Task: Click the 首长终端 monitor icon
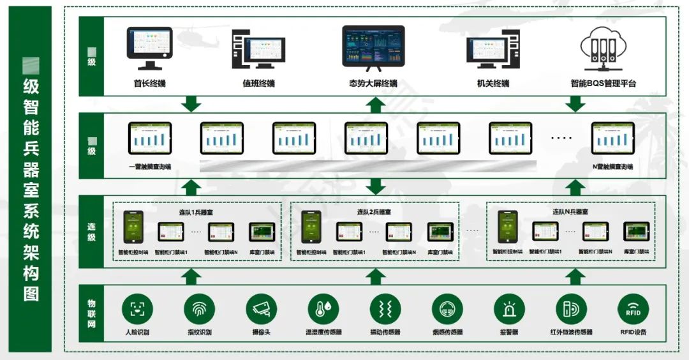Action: (x=149, y=48)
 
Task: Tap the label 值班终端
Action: (x=258, y=84)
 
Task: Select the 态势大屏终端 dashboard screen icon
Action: (x=373, y=47)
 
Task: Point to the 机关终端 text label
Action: (x=493, y=84)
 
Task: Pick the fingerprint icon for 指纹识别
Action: (x=200, y=310)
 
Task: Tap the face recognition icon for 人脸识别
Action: (x=137, y=310)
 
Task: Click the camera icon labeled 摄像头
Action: (x=262, y=310)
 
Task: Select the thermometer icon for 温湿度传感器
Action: (x=323, y=310)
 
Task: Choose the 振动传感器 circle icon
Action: (x=385, y=310)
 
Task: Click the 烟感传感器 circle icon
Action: (x=447, y=310)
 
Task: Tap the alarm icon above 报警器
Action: (x=509, y=310)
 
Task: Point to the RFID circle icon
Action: (x=633, y=310)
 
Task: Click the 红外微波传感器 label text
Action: (x=571, y=333)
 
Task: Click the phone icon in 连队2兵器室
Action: (x=311, y=227)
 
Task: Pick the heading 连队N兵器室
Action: (x=570, y=212)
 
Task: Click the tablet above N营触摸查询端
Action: (x=612, y=138)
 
